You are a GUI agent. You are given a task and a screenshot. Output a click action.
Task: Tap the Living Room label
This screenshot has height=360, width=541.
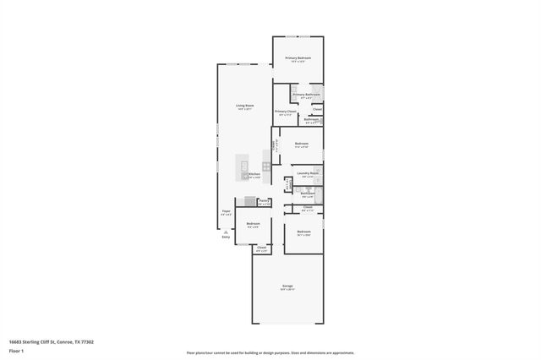point(245,106)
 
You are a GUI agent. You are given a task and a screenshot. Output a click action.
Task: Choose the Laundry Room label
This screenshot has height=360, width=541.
point(307,173)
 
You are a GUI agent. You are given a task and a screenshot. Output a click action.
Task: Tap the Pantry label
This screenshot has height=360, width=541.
point(264,201)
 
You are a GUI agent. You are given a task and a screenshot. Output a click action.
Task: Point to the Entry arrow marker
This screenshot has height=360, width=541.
point(226,231)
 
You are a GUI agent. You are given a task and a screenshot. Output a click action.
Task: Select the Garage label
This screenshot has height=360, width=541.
point(287,286)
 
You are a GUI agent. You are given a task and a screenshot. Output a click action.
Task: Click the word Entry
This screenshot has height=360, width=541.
point(226,237)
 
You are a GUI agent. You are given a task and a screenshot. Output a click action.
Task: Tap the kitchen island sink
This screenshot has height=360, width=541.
point(245,166)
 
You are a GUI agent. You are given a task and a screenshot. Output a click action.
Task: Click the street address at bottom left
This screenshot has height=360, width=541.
point(51,341)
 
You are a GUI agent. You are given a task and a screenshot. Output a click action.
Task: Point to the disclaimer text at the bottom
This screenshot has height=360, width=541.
point(270,352)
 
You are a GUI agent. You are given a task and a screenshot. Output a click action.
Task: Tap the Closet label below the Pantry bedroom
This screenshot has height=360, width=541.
point(262,248)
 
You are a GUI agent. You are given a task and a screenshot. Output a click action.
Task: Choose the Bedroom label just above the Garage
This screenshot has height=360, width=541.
point(303,232)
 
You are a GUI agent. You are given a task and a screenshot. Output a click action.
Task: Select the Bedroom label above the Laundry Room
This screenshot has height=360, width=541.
point(302,144)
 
